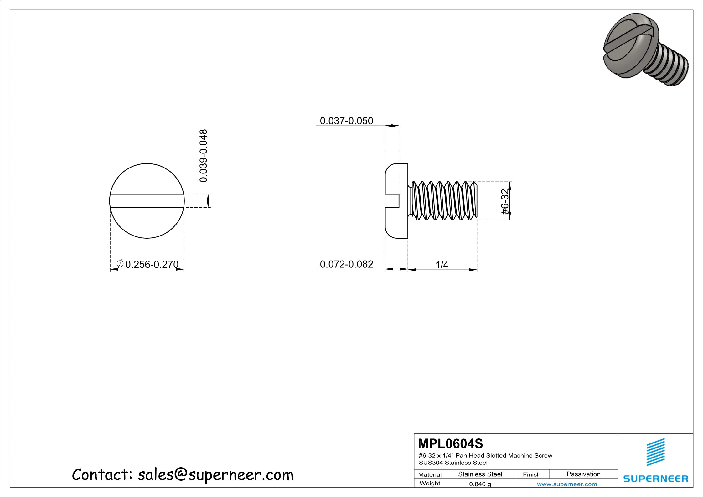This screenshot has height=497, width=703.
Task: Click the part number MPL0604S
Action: [x=450, y=443]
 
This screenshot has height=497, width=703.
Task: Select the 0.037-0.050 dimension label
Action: [x=346, y=121]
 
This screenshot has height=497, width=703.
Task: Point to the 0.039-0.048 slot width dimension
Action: [x=204, y=156]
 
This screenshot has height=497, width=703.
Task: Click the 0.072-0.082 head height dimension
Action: [x=346, y=264]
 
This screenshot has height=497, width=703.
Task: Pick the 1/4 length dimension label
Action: [x=442, y=265]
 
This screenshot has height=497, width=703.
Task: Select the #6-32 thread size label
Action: [x=505, y=202]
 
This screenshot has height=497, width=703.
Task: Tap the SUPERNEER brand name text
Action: [x=656, y=479]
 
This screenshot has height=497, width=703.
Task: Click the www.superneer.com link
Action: [x=567, y=484]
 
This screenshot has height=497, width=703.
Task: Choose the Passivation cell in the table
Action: [x=583, y=474]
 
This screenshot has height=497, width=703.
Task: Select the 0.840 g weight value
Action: [x=480, y=484]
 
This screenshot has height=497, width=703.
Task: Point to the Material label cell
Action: [x=430, y=474]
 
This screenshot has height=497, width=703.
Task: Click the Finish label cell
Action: [x=531, y=474]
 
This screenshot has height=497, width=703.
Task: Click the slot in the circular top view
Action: [x=147, y=201]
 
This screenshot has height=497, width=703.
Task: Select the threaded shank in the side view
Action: [x=443, y=201]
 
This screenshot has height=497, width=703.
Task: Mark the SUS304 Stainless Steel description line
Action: [x=453, y=463]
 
